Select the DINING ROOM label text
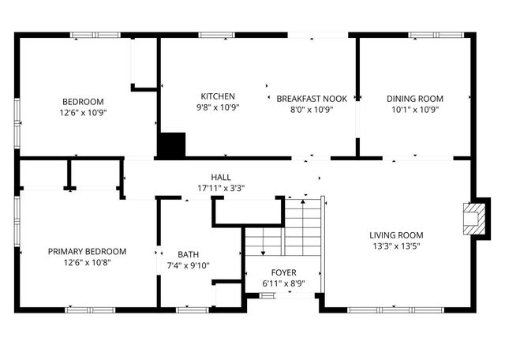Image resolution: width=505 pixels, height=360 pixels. [414, 99]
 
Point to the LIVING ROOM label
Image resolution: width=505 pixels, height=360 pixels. [396, 235]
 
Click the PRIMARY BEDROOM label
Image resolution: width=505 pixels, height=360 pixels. [87, 252]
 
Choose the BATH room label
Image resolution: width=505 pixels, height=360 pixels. [189, 254]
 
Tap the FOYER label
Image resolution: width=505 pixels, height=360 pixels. [284, 272]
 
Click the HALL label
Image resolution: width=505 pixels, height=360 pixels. [221, 178]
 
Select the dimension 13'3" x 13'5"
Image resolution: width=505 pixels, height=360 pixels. [396, 246]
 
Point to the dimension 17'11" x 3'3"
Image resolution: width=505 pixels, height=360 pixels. [221, 188]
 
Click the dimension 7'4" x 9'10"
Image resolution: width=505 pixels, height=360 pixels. [189, 264]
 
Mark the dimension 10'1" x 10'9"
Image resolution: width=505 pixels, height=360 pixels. [414, 109]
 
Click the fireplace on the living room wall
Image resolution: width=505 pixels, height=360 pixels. [473, 219]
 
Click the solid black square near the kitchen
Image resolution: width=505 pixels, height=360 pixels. [172, 145]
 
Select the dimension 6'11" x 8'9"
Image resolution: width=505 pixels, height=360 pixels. [284, 283]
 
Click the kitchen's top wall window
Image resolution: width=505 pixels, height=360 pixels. [216, 35]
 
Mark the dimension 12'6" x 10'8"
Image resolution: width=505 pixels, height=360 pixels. [87, 262]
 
